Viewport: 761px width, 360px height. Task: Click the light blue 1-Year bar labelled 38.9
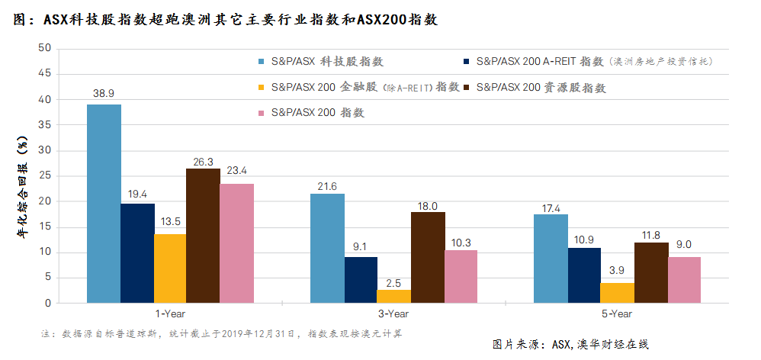pyautogui.click(x=104, y=204)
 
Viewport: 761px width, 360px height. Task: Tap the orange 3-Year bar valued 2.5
pyautogui.click(x=394, y=296)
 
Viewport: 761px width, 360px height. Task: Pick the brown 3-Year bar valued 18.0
pyautogui.click(x=428, y=257)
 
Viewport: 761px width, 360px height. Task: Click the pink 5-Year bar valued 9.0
pyautogui.click(x=684, y=280)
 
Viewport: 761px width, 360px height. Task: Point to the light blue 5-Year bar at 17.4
pyautogui.click(x=551, y=259)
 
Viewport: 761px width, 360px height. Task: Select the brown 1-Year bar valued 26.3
pyautogui.click(x=204, y=236)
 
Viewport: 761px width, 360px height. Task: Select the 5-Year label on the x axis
pyautogui.click(x=618, y=313)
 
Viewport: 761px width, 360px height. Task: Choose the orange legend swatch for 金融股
pyautogui.click(x=262, y=88)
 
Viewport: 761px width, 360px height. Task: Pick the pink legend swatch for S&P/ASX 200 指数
pyautogui.click(x=262, y=113)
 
